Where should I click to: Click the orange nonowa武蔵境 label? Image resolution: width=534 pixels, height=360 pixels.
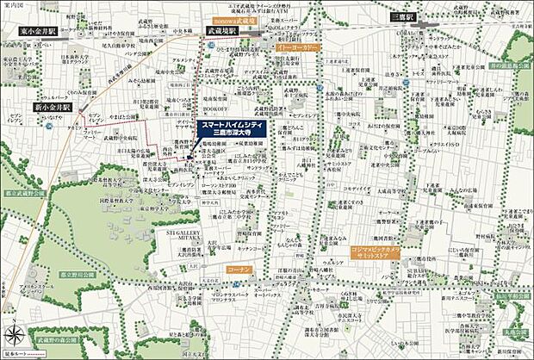pyautogui.click(x=234, y=16)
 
